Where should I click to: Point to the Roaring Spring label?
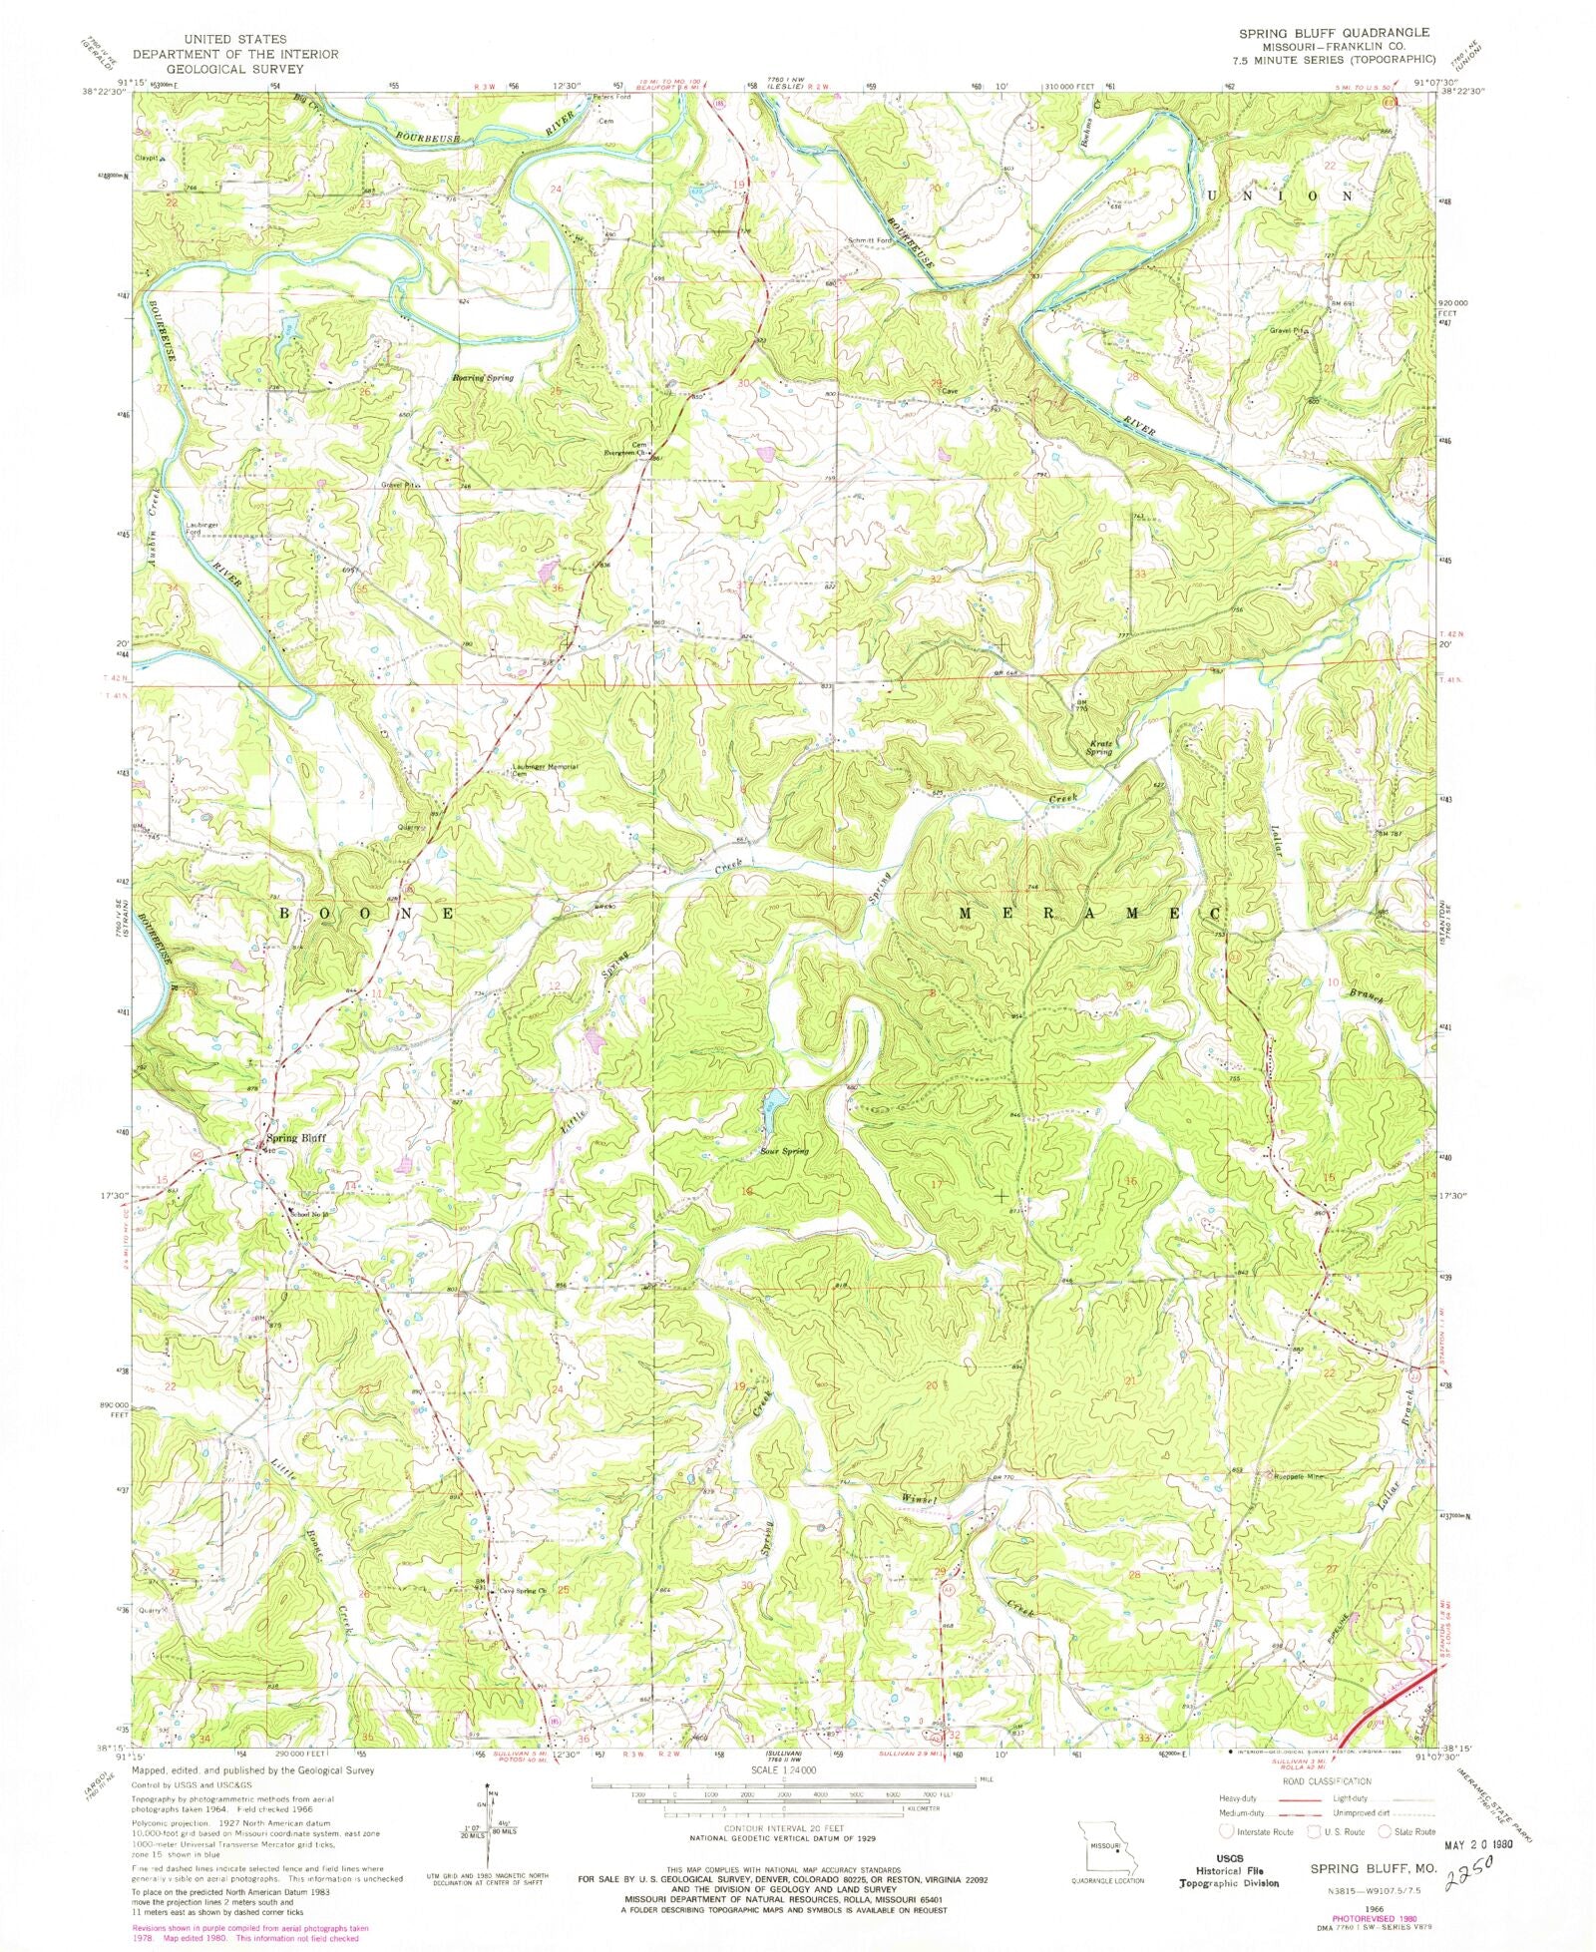(483, 378)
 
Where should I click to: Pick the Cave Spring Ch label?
(524, 1619)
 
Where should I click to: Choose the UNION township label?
(1280, 196)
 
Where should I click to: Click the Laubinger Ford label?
(195, 529)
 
